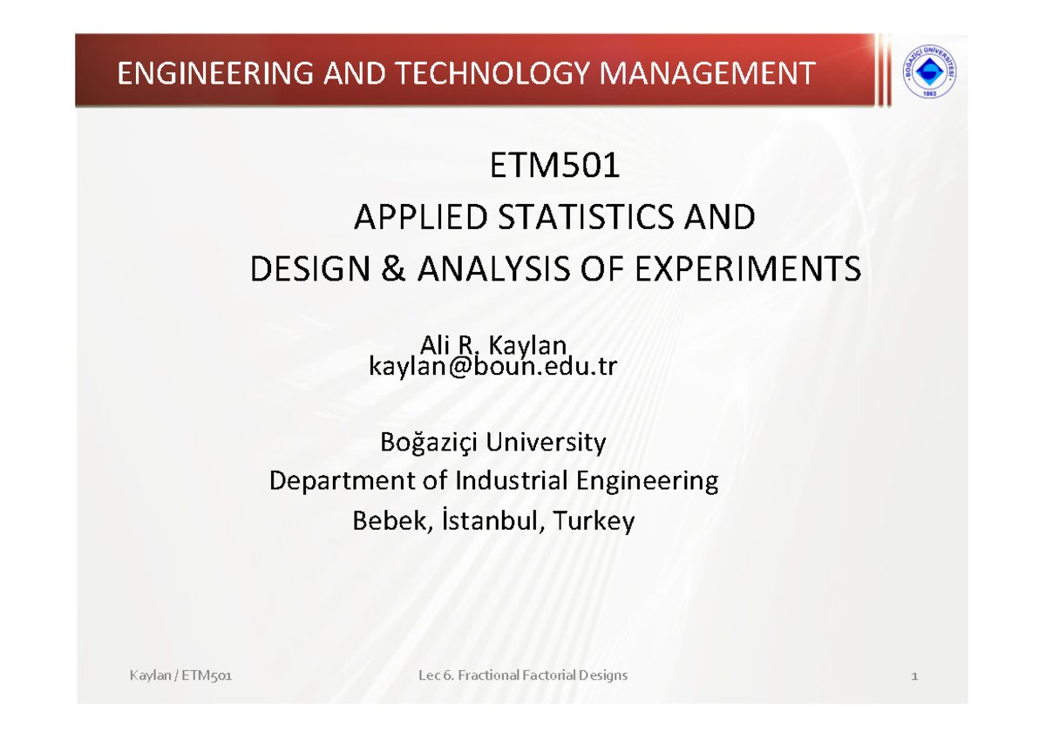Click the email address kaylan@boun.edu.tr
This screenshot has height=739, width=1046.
click(x=493, y=367)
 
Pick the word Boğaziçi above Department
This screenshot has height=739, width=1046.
click(x=429, y=443)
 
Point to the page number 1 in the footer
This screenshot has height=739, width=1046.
click(x=914, y=676)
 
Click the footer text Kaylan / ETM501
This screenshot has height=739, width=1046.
click(x=179, y=676)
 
